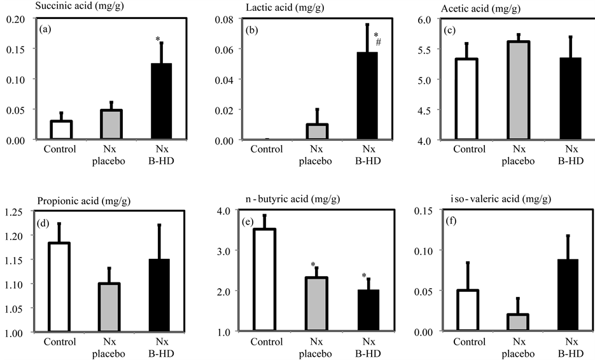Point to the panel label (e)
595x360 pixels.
243,222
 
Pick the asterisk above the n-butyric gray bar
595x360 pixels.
313,265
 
